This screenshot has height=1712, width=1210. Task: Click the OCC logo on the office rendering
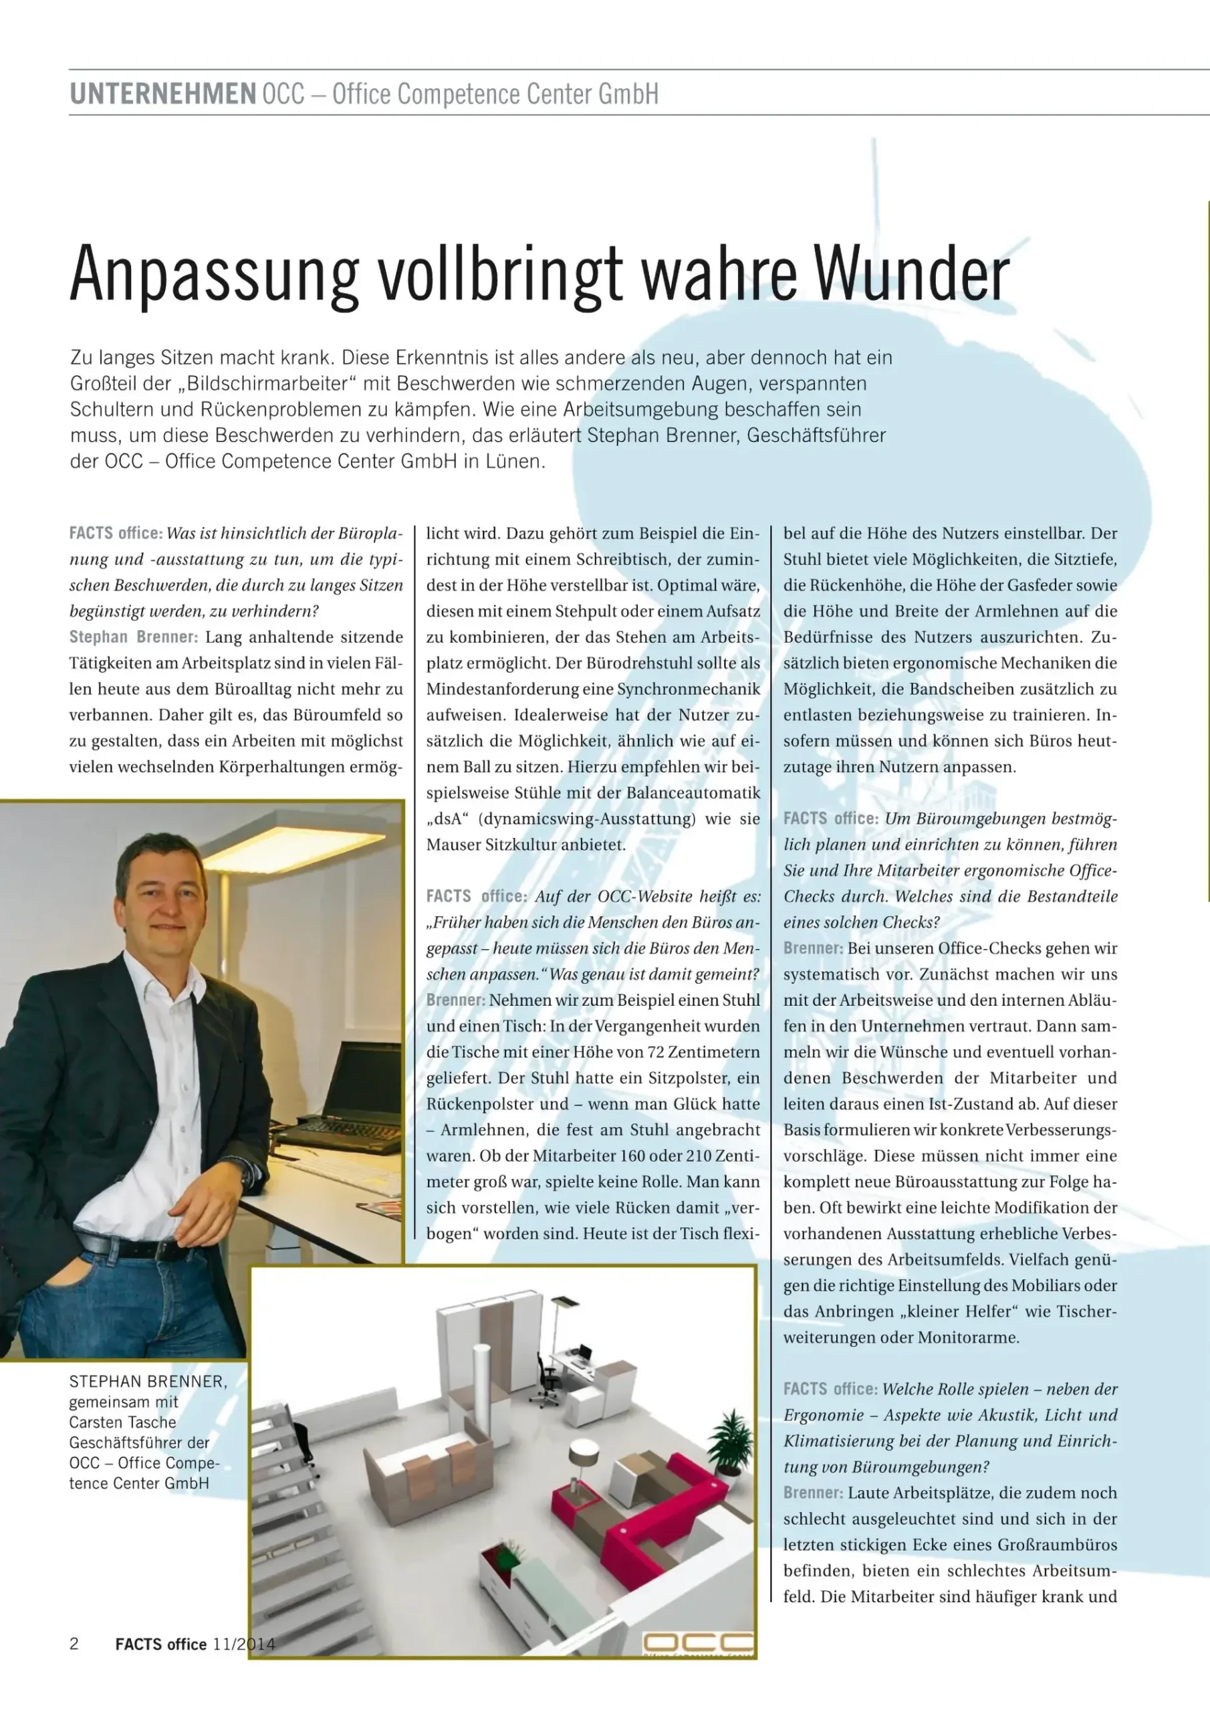698,1642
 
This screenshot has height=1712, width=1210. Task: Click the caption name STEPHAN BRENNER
148,1381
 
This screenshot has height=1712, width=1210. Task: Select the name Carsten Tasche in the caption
123,1422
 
